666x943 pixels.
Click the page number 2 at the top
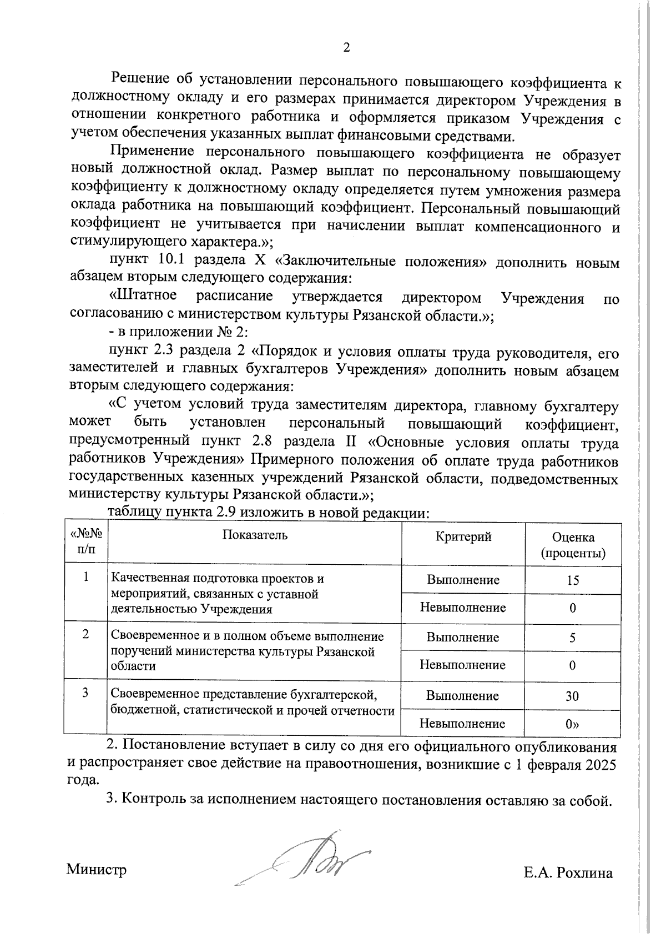(346, 48)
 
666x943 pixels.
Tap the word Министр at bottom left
(97, 869)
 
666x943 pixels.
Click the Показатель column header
(255, 535)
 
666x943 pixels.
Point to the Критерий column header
(463, 536)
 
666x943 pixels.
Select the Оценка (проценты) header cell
(573, 545)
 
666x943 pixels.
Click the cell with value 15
(573, 580)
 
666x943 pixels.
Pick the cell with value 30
(572, 696)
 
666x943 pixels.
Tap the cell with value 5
(572, 638)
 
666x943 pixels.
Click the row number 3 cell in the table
(85, 693)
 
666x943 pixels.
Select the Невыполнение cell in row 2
(463, 665)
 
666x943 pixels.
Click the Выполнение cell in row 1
(463, 580)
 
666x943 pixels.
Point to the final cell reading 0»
(572, 724)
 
